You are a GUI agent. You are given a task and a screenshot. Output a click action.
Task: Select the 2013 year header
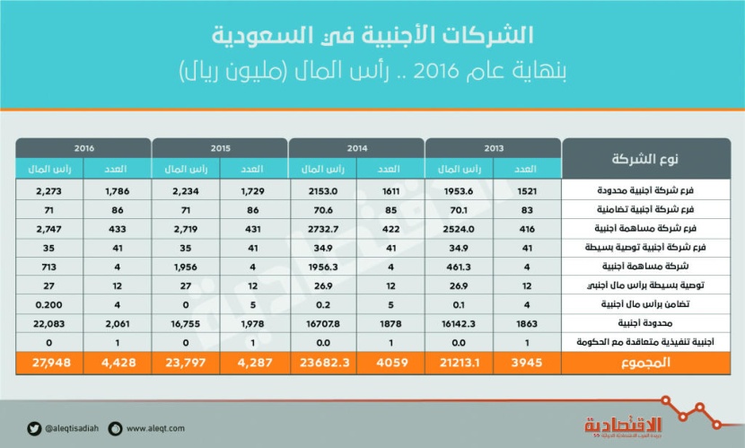tap(492, 146)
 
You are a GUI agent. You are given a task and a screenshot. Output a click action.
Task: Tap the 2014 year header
tap(356, 146)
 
